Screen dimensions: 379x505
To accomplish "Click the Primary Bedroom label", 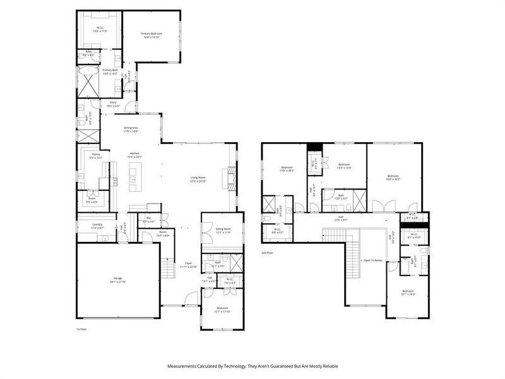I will coord(151,35).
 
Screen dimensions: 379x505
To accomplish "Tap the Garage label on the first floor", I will coord(117,279).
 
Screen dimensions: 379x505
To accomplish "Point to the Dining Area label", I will coord(131,129).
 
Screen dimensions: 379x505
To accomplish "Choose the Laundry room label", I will coord(88,225).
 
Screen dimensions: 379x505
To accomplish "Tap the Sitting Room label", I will coord(215,230).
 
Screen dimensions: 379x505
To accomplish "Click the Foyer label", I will coord(188,263).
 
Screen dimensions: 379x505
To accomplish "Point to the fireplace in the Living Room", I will coord(230,178).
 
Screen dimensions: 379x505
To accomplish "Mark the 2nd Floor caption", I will coord(268,252).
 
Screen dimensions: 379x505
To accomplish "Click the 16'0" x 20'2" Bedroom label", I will coord(393,177).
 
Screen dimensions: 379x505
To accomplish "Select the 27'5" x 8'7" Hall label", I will coord(340,217).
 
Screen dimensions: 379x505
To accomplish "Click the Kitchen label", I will coord(134,155).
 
